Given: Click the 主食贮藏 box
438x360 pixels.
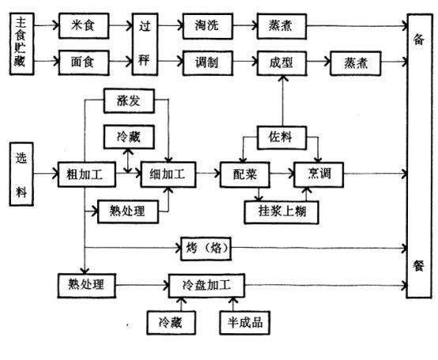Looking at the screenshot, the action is tap(22, 44).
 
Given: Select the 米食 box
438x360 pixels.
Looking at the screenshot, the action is tap(84, 25).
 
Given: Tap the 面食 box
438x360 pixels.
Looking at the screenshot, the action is tap(84, 63).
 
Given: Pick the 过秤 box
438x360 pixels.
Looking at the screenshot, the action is tap(145, 44).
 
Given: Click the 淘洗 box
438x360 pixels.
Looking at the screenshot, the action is tap(208, 26).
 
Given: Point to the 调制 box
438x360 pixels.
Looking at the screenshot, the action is tap(208, 63).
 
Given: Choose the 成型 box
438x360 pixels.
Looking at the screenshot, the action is tap(281, 63).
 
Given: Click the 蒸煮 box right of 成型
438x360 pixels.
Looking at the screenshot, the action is tap(355, 63).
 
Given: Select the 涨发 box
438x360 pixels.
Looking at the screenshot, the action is tap(129, 101).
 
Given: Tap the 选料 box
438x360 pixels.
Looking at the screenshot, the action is tap(21, 174).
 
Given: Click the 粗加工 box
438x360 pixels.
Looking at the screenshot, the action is tap(87, 174).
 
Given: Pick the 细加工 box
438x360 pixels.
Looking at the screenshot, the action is tap(168, 174).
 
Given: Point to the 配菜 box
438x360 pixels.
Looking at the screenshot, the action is tap(245, 175).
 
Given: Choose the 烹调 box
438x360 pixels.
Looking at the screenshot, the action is tap(319, 175).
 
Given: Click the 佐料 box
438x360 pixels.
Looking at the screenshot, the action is tap(281, 138).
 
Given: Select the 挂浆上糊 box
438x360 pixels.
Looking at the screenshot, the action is tap(281, 212).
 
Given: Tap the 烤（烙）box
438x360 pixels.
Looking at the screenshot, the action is tap(206, 248).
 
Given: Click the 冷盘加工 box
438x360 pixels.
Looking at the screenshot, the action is tap(206, 286).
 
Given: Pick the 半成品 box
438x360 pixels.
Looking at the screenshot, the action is tap(245, 323).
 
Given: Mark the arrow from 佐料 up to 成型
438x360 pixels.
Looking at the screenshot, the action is tap(282, 101).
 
